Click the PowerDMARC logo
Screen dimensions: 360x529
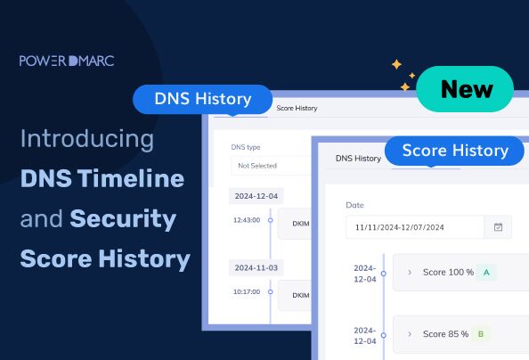click(67, 61)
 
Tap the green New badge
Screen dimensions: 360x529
click(467, 89)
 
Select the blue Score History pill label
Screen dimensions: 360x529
click(455, 150)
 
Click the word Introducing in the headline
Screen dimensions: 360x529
click(86, 139)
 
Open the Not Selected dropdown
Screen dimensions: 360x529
click(267, 166)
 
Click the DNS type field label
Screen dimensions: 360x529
click(246, 147)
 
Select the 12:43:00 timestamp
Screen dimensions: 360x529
click(246, 219)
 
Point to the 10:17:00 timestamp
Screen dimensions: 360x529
click(246, 290)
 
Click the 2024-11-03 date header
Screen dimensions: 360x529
click(256, 267)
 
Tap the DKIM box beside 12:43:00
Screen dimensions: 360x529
click(299, 225)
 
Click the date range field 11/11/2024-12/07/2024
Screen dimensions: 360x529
click(415, 227)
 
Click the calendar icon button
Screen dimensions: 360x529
click(498, 227)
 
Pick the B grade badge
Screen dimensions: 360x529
click(480, 334)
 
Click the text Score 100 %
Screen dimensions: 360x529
click(448, 272)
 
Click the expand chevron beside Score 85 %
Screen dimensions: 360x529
click(410, 334)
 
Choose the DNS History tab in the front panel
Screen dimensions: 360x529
click(358, 159)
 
